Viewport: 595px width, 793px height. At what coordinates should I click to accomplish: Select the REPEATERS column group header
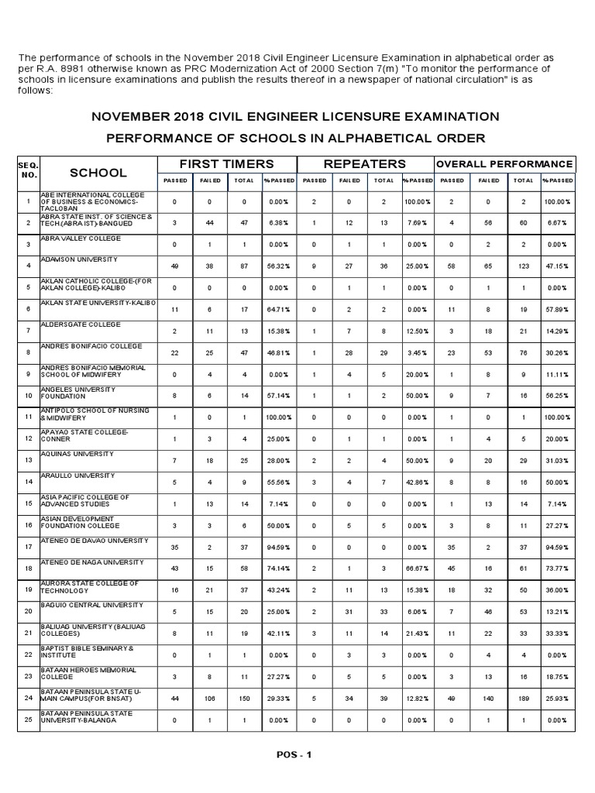click(364, 164)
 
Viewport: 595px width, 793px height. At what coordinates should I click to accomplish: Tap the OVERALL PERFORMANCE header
click(505, 164)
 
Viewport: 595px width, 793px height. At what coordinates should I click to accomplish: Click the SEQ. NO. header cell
click(28, 172)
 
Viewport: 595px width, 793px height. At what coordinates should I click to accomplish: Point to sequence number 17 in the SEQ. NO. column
click(28, 548)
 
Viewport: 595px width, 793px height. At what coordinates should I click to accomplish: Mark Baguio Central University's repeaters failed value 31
click(348, 612)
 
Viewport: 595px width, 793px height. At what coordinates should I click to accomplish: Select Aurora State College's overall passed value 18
click(452, 590)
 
